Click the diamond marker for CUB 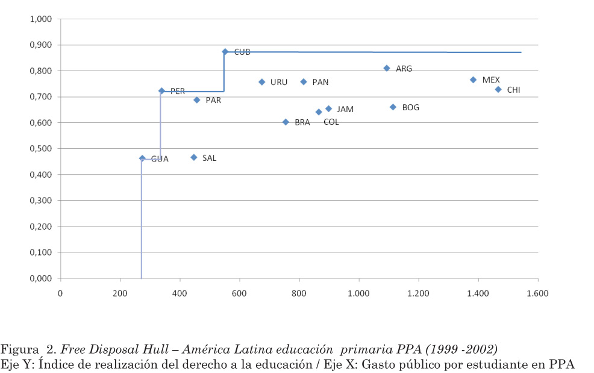pyautogui.click(x=225, y=52)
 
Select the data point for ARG pyautogui.click(x=387, y=68)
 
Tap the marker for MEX pyautogui.click(x=474, y=80)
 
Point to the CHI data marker pyautogui.click(x=498, y=89)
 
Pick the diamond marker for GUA pyautogui.click(x=142, y=158)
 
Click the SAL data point pyautogui.click(x=194, y=157)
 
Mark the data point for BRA pyautogui.click(x=286, y=122)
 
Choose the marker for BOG pyautogui.click(x=393, y=107)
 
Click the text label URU pyautogui.click(x=279, y=82)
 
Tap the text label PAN pyautogui.click(x=320, y=82)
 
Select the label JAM pyautogui.click(x=345, y=109)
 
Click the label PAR pyautogui.click(x=213, y=101)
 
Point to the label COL pyautogui.click(x=331, y=122)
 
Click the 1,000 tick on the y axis pyautogui.click(x=41, y=19)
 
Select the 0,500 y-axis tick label pyautogui.click(x=41, y=149)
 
